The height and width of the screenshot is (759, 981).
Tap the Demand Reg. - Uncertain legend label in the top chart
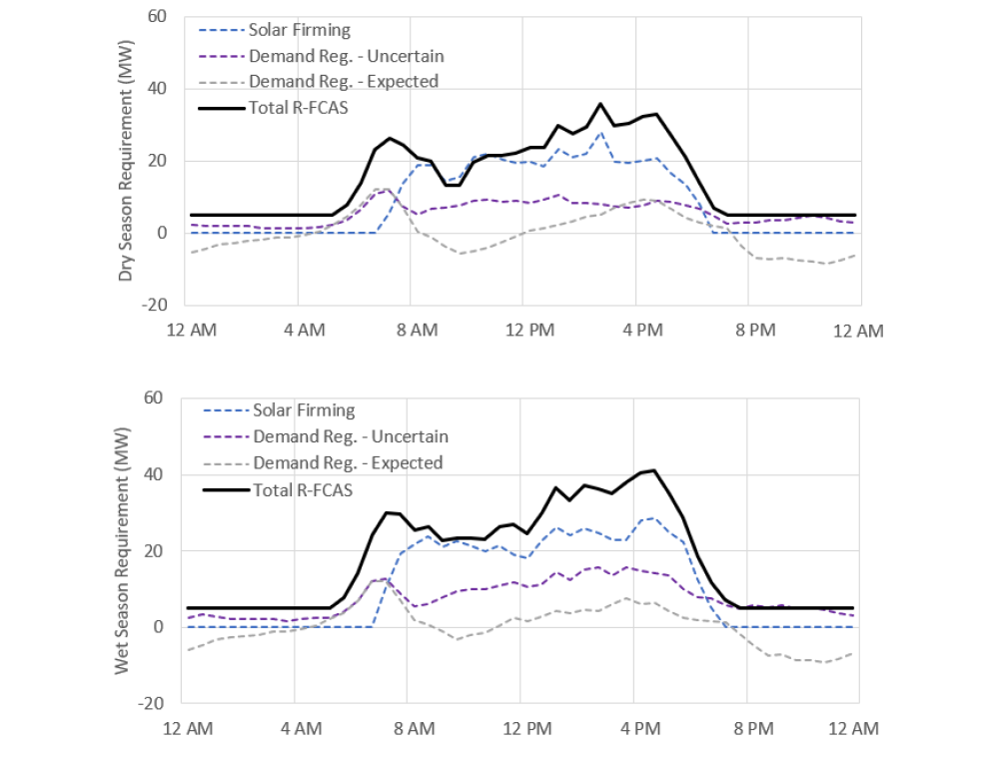pos(346,56)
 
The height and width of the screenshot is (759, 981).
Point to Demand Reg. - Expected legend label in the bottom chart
pos(348,462)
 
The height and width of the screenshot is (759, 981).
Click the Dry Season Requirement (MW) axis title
pos(126,161)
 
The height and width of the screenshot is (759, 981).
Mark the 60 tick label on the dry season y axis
pos(159,17)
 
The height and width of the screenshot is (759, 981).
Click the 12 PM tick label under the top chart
pos(527,331)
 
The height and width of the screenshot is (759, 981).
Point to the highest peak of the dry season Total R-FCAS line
pos(600,104)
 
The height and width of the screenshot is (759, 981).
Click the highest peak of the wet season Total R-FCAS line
pos(653,470)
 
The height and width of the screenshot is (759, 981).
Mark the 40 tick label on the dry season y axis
pos(159,89)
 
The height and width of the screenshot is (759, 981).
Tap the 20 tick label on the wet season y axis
pos(155,550)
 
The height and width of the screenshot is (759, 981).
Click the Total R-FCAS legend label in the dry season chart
pos(300,107)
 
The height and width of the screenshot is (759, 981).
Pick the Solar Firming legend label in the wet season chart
pos(304,410)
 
